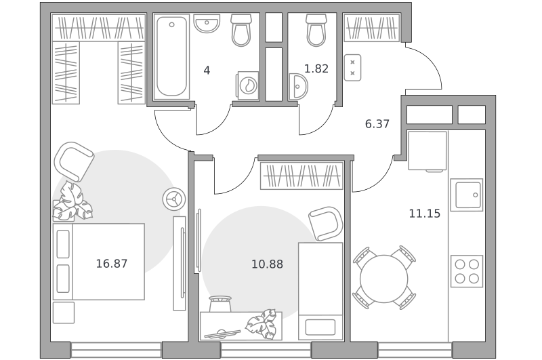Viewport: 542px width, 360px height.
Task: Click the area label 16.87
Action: point(111,264)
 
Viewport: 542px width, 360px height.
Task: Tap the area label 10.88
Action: point(267,264)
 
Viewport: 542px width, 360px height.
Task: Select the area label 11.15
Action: point(425,214)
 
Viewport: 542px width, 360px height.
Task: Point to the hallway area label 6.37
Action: point(377,123)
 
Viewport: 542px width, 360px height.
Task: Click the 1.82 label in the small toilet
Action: point(316,68)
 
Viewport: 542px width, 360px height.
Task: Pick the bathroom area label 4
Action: point(207,71)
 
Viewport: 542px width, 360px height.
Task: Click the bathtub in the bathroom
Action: point(171,57)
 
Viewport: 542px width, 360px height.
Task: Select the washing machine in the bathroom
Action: point(247,85)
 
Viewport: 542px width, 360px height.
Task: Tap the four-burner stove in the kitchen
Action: point(467,271)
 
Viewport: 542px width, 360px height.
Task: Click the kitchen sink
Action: point(467,195)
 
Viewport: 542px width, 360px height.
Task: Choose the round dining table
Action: point(383,279)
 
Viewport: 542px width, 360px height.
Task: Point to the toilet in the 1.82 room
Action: point(316,30)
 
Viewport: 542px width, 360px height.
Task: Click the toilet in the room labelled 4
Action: point(241,30)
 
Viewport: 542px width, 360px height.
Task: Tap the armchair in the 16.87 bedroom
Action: point(74,161)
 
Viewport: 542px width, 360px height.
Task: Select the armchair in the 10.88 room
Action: point(326,224)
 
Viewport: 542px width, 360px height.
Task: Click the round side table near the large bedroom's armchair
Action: point(174,199)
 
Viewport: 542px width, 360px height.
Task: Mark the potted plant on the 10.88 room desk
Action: point(262,323)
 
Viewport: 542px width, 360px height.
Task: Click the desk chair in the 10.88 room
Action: point(220,304)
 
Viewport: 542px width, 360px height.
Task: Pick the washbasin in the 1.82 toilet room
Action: point(298,87)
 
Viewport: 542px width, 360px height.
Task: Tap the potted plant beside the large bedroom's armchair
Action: point(72,201)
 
